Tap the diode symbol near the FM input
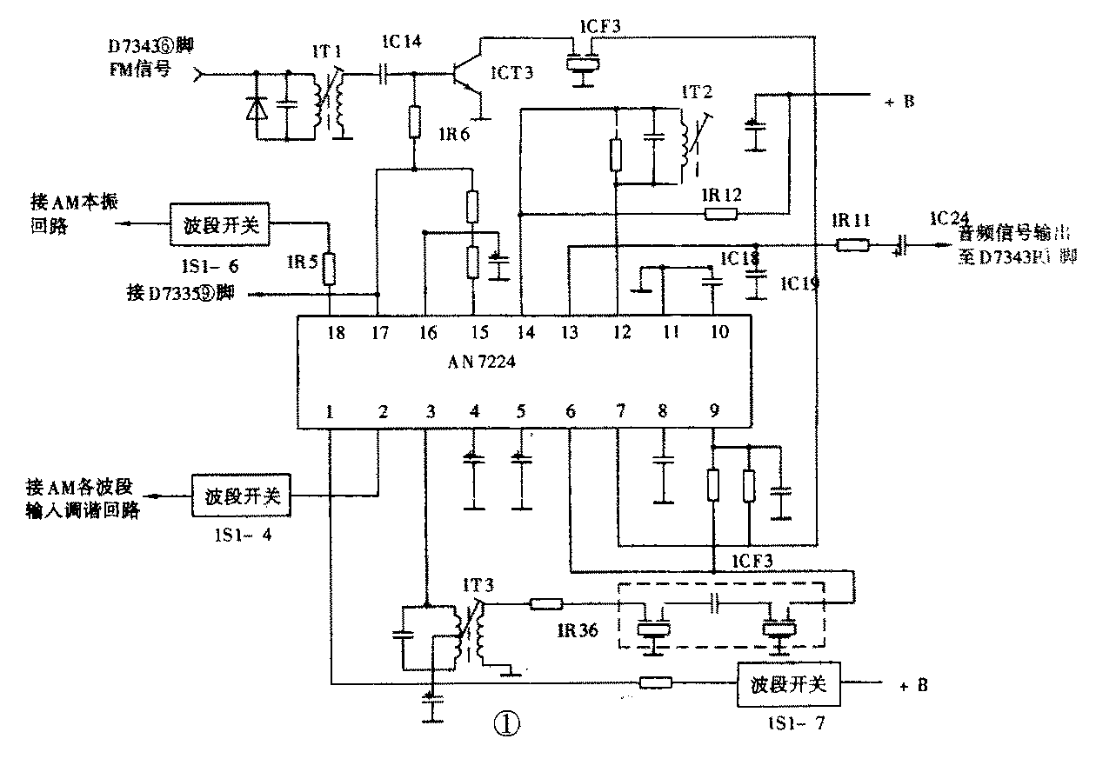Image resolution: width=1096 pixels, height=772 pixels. coord(257,108)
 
